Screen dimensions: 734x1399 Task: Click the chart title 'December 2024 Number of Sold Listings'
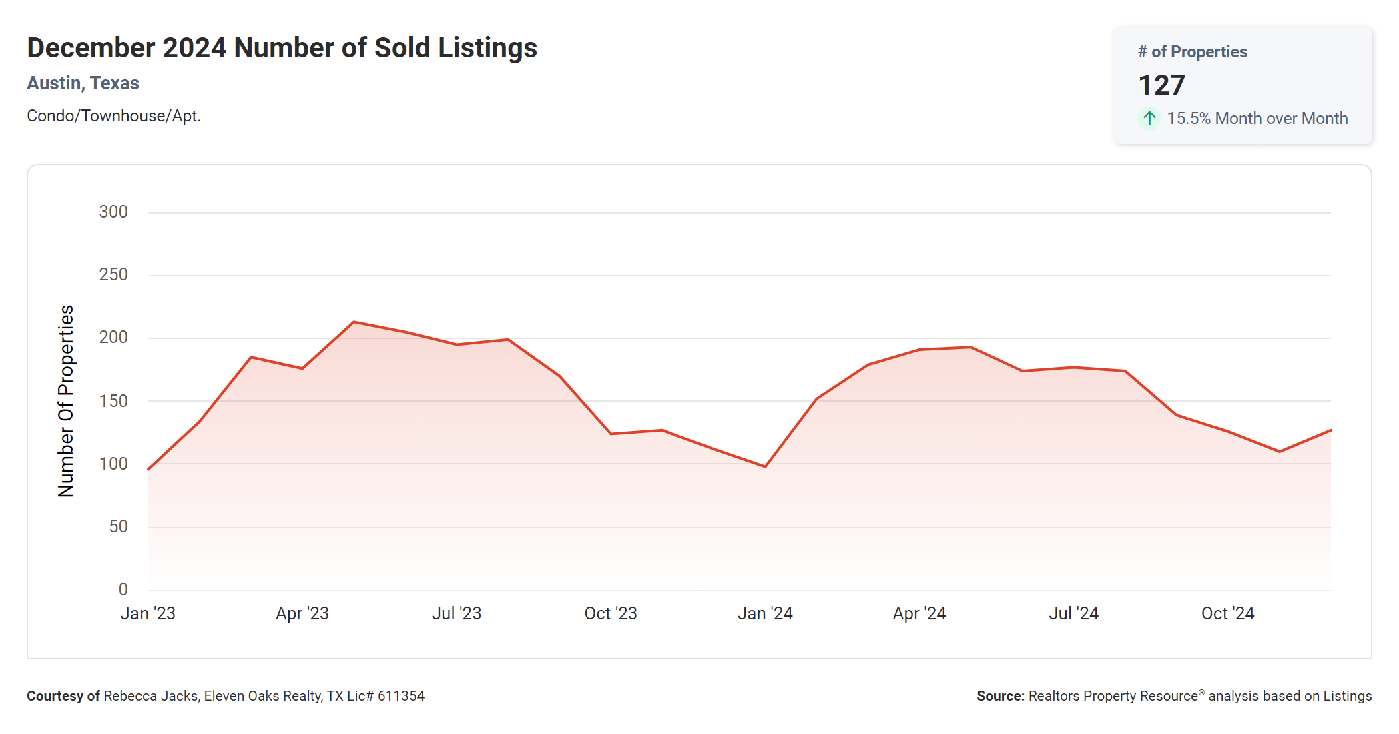pyautogui.click(x=282, y=48)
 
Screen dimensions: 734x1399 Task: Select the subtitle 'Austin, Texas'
pyautogui.click(x=83, y=83)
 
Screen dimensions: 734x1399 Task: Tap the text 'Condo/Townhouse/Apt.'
pyautogui.click(x=113, y=116)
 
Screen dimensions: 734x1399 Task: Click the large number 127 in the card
pyautogui.click(x=1161, y=85)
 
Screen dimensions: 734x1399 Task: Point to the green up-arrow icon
pyautogui.click(x=1149, y=119)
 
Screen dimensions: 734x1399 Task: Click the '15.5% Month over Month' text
pyautogui.click(x=1257, y=119)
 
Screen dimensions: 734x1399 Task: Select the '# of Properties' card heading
pyautogui.click(x=1192, y=52)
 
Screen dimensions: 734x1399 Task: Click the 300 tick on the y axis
pyautogui.click(x=113, y=212)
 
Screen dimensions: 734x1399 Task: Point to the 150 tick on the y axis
pyautogui.click(x=113, y=401)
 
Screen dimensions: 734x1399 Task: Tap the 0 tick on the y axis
pyautogui.click(x=123, y=589)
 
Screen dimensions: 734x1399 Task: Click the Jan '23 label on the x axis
pyautogui.click(x=148, y=613)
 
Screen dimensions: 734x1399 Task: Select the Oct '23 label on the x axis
pyautogui.click(x=611, y=613)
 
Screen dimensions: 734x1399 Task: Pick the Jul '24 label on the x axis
pyautogui.click(x=1073, y=613)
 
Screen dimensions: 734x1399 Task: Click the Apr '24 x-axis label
pyautogui.click(x=919, y=613)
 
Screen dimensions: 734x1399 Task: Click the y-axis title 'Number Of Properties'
pyautogui.click(x=66, y=401)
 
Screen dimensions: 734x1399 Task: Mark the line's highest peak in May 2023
pyautogui.click(x=354, y=322)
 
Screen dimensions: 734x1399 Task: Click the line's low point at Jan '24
pyautogui.click(x=765, y=466)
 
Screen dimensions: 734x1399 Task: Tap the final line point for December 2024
pyautogui.click(x=1330, y=430)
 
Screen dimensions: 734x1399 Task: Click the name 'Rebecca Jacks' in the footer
pyautogui.click(x=150, y=696)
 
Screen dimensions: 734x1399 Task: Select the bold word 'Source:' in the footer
pyautogui.click(x=1000, y=696)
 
